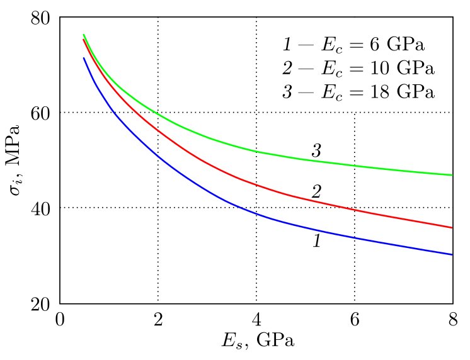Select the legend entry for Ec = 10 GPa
tap(358, 68)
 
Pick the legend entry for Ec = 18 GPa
tap(358, 91)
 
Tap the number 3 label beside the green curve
tap(317, 151)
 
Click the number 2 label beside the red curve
tap(317, 191)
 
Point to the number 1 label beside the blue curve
tap(317, 241)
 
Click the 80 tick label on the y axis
tap(41, 18)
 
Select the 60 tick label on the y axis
tap(41, 113)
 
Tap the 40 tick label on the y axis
tap(41, 208)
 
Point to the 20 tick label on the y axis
tap(41, 304)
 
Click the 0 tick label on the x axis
tap(60, 319)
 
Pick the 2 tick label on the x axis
tap(158, 319)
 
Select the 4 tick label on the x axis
tap(256, 319)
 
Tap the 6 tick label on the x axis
tap(355, 319)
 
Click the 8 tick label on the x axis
tap(453, 319)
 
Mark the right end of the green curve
tap(452, 175)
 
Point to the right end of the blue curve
tap(452, 255)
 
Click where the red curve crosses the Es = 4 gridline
tap(256, 185)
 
